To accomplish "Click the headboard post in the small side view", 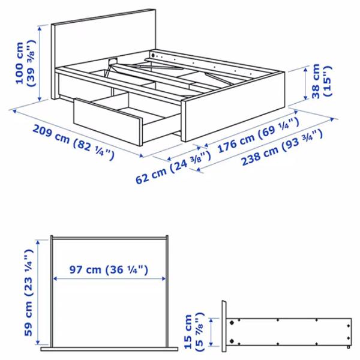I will point(224,328).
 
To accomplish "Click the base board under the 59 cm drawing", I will point(109,349).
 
